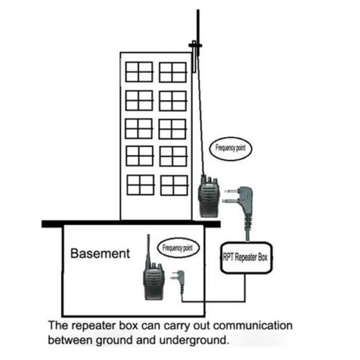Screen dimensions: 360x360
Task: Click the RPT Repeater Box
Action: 245,255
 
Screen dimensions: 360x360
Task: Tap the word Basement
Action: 100,253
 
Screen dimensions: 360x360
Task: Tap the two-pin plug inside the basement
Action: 180,280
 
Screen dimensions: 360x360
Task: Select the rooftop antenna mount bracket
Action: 195,47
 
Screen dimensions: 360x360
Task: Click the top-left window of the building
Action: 139,72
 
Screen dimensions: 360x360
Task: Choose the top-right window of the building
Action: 172,72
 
